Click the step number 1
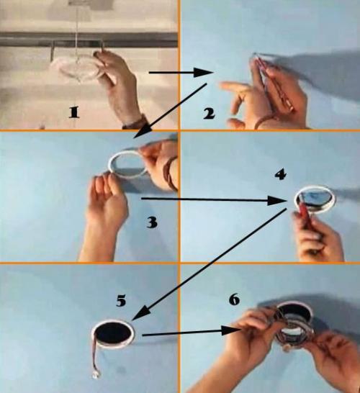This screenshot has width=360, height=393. point(74,112)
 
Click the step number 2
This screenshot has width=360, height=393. point(209,114)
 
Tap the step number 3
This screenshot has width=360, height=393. point(152,222)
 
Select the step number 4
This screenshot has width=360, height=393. point(280,174)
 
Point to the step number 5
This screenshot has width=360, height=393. point(121,301)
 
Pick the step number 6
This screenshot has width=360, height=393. point(234,299)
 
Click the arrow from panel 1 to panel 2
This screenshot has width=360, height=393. point(181,73)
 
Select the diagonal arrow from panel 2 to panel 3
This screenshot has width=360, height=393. point(171,111)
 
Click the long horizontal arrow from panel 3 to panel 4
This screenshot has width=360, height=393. point(215,200)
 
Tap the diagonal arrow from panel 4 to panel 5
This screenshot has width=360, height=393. point(209,264)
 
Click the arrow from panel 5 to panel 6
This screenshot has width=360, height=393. point(192,332)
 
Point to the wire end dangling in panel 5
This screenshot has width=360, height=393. point(96,375)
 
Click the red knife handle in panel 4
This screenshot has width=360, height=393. point(307,217)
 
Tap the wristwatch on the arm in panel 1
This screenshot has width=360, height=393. point(135,122)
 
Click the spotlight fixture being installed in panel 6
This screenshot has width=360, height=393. point(294,326)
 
